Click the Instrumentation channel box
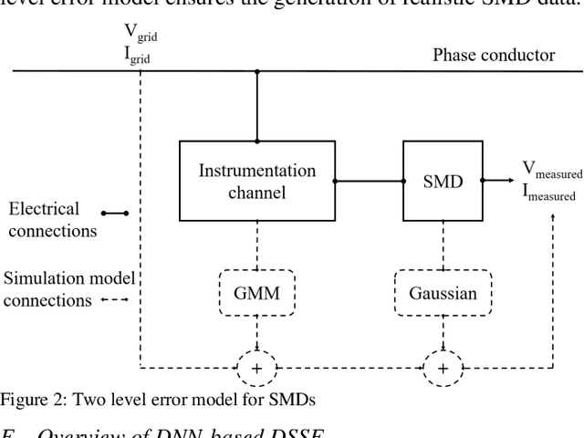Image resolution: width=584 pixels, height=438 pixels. click(x=256, y=181)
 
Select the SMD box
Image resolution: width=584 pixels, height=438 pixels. click(x=443, y=181)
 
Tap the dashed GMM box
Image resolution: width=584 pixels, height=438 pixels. click(x=256, y=293)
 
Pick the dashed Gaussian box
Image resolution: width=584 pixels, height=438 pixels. click(x=443, y=293)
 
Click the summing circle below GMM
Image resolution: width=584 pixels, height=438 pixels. click(x=256, y=368)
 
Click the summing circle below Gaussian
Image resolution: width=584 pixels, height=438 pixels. click(x=443, y=368)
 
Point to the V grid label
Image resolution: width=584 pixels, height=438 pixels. click(x=139, y=34)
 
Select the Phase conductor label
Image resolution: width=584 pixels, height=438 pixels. click(x=493, y=56)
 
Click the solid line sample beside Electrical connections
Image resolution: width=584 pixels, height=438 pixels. click(x=115, y=214)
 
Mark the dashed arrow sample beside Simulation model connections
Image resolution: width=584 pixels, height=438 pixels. click(x=114, y=299)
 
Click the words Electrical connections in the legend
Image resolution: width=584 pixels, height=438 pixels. click(x=52, y=220)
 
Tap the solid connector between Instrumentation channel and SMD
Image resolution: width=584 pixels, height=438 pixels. click(x=369, y=181)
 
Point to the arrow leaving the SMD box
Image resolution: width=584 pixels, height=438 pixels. click(x=497, y=181)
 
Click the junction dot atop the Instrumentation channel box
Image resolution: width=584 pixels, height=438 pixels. click(x=256, y=141)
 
